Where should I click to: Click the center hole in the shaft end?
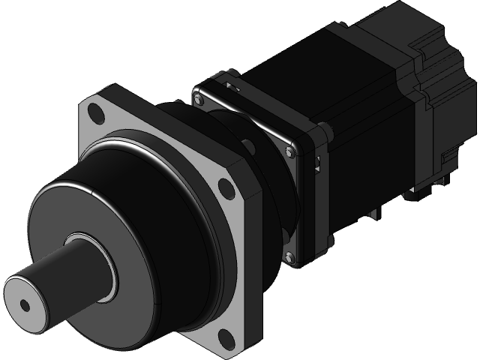tap(25, 305)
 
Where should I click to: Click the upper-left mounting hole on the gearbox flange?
tap(96, 115)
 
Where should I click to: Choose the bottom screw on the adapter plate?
tap(286, 258)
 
